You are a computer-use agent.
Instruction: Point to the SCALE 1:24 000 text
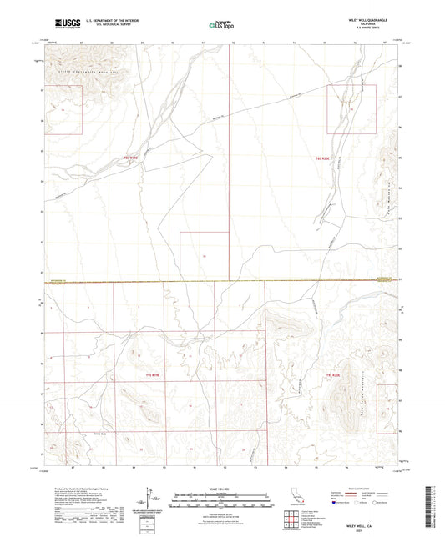pos(222,489)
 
